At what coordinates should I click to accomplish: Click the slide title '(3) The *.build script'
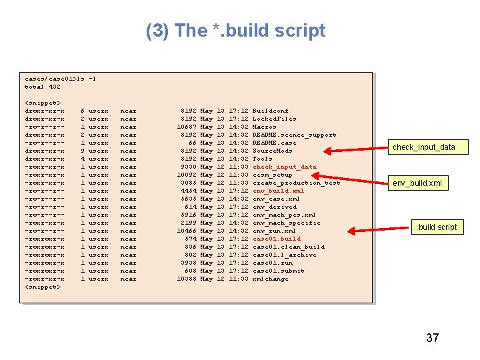235,31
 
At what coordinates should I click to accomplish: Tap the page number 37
432,338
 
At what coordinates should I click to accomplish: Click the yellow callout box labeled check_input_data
423,147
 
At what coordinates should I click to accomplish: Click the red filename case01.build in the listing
277,239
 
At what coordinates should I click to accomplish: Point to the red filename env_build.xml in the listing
278,191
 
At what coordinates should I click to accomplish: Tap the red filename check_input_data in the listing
285,167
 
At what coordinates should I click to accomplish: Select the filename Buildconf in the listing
270,111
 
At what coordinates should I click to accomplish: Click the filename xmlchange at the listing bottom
270,279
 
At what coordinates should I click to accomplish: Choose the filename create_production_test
296,183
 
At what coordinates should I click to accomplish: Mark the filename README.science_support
294,135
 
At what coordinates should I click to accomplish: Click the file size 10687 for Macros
186,127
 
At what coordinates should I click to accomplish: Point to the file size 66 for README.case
192,143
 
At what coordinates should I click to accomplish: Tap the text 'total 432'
43,87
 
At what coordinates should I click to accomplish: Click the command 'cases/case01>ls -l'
61,79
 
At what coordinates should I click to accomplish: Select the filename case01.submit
279,271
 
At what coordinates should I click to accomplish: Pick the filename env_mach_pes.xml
284,215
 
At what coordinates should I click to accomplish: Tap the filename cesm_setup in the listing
272,175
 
